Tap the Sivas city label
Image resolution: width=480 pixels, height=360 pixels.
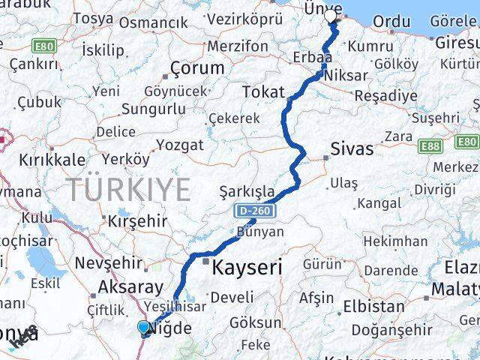click(352, 148)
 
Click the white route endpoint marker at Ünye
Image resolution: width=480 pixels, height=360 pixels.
click(330, 16)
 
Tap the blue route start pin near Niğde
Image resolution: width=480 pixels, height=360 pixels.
click(144, 326)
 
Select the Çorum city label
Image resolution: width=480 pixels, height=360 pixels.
click(197, 67)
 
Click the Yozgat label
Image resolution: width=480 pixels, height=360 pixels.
click(178, 144)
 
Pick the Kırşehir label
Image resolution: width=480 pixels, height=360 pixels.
click(136, 221)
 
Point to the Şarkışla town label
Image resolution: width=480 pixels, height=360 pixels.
click(246, 191)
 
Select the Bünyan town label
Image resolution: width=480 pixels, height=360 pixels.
click(260, 231)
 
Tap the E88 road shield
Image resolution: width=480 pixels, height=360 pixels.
click(430, 145)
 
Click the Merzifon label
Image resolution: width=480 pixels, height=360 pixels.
click(237, 46)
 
